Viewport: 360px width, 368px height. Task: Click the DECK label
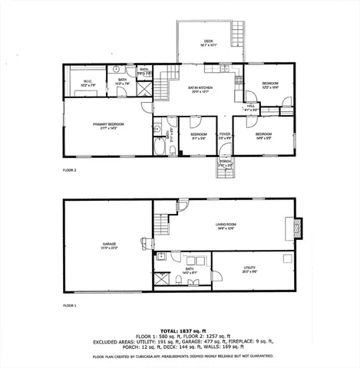click(x=208, y=41)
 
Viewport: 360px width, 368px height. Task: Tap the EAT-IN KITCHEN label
click(x=201, y=88)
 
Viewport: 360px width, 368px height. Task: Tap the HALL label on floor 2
click(x=249, y=108)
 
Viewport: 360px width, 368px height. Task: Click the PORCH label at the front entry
click(x=224, y=162)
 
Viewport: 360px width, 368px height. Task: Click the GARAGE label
click(x=107, y=245)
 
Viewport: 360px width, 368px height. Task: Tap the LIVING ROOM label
click(x=224, y=225)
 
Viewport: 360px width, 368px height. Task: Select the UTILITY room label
click(x=249, y=268)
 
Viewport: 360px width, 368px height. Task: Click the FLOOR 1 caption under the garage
click(x=70, y=304)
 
